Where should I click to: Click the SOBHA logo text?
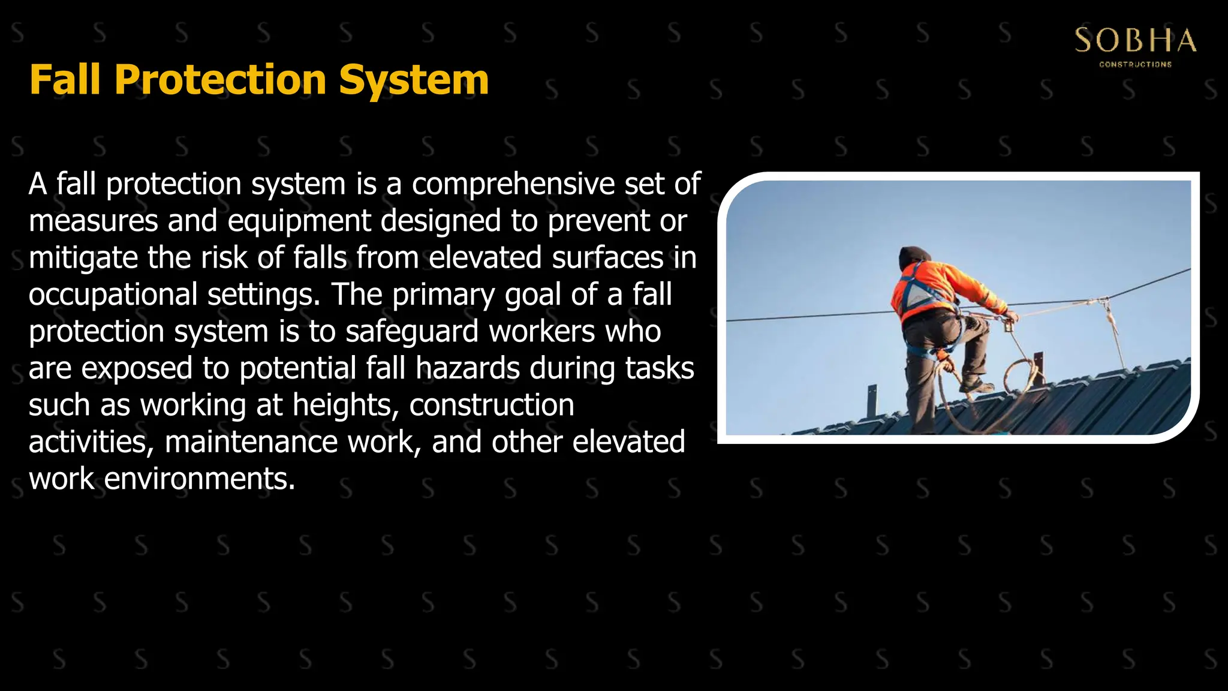click(1135, 41)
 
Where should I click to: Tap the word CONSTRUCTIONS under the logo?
click(1135, 64)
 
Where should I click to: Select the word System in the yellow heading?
click(414, 80)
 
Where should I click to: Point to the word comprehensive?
click(513, 184)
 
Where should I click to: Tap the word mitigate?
click(83, 258)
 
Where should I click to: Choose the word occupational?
click(113, 295)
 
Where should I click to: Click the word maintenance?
click(251, 442)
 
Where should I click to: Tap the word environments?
click(200, 479)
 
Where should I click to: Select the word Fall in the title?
click(65, 80)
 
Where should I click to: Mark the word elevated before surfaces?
click(485, 258)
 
